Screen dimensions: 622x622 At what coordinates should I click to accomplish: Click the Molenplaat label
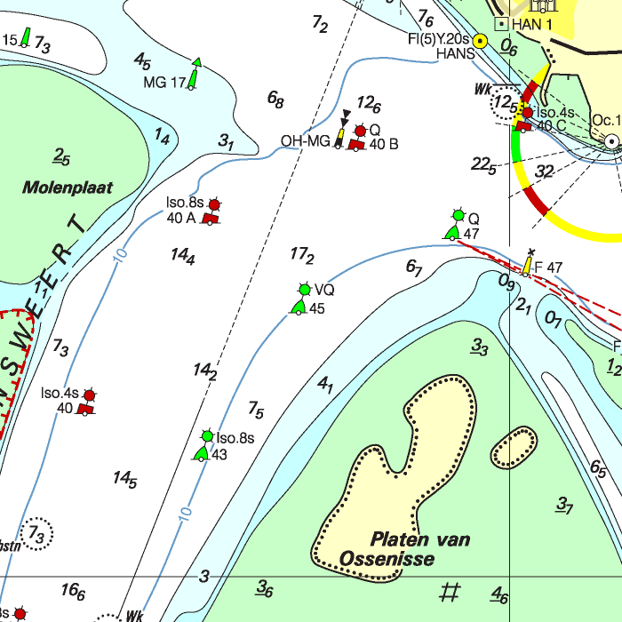tap(66, 187)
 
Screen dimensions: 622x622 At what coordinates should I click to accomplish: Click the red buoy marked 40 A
tap(211, 216)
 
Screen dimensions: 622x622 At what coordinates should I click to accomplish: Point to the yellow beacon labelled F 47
tap(528, 265)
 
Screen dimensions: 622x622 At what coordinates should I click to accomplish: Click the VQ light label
tap(323, 290)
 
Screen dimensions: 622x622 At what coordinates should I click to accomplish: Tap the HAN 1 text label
tap(532, 24)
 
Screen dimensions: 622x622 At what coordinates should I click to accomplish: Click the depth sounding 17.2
tap(302, 256)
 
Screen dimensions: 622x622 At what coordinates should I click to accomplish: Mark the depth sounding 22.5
tap(483, 164)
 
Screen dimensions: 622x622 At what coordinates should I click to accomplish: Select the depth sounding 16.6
tap(73, 591)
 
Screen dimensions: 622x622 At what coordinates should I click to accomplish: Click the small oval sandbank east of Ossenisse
tap(514, 449)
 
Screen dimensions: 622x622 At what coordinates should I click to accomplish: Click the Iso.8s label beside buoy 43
tap(235, 438)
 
